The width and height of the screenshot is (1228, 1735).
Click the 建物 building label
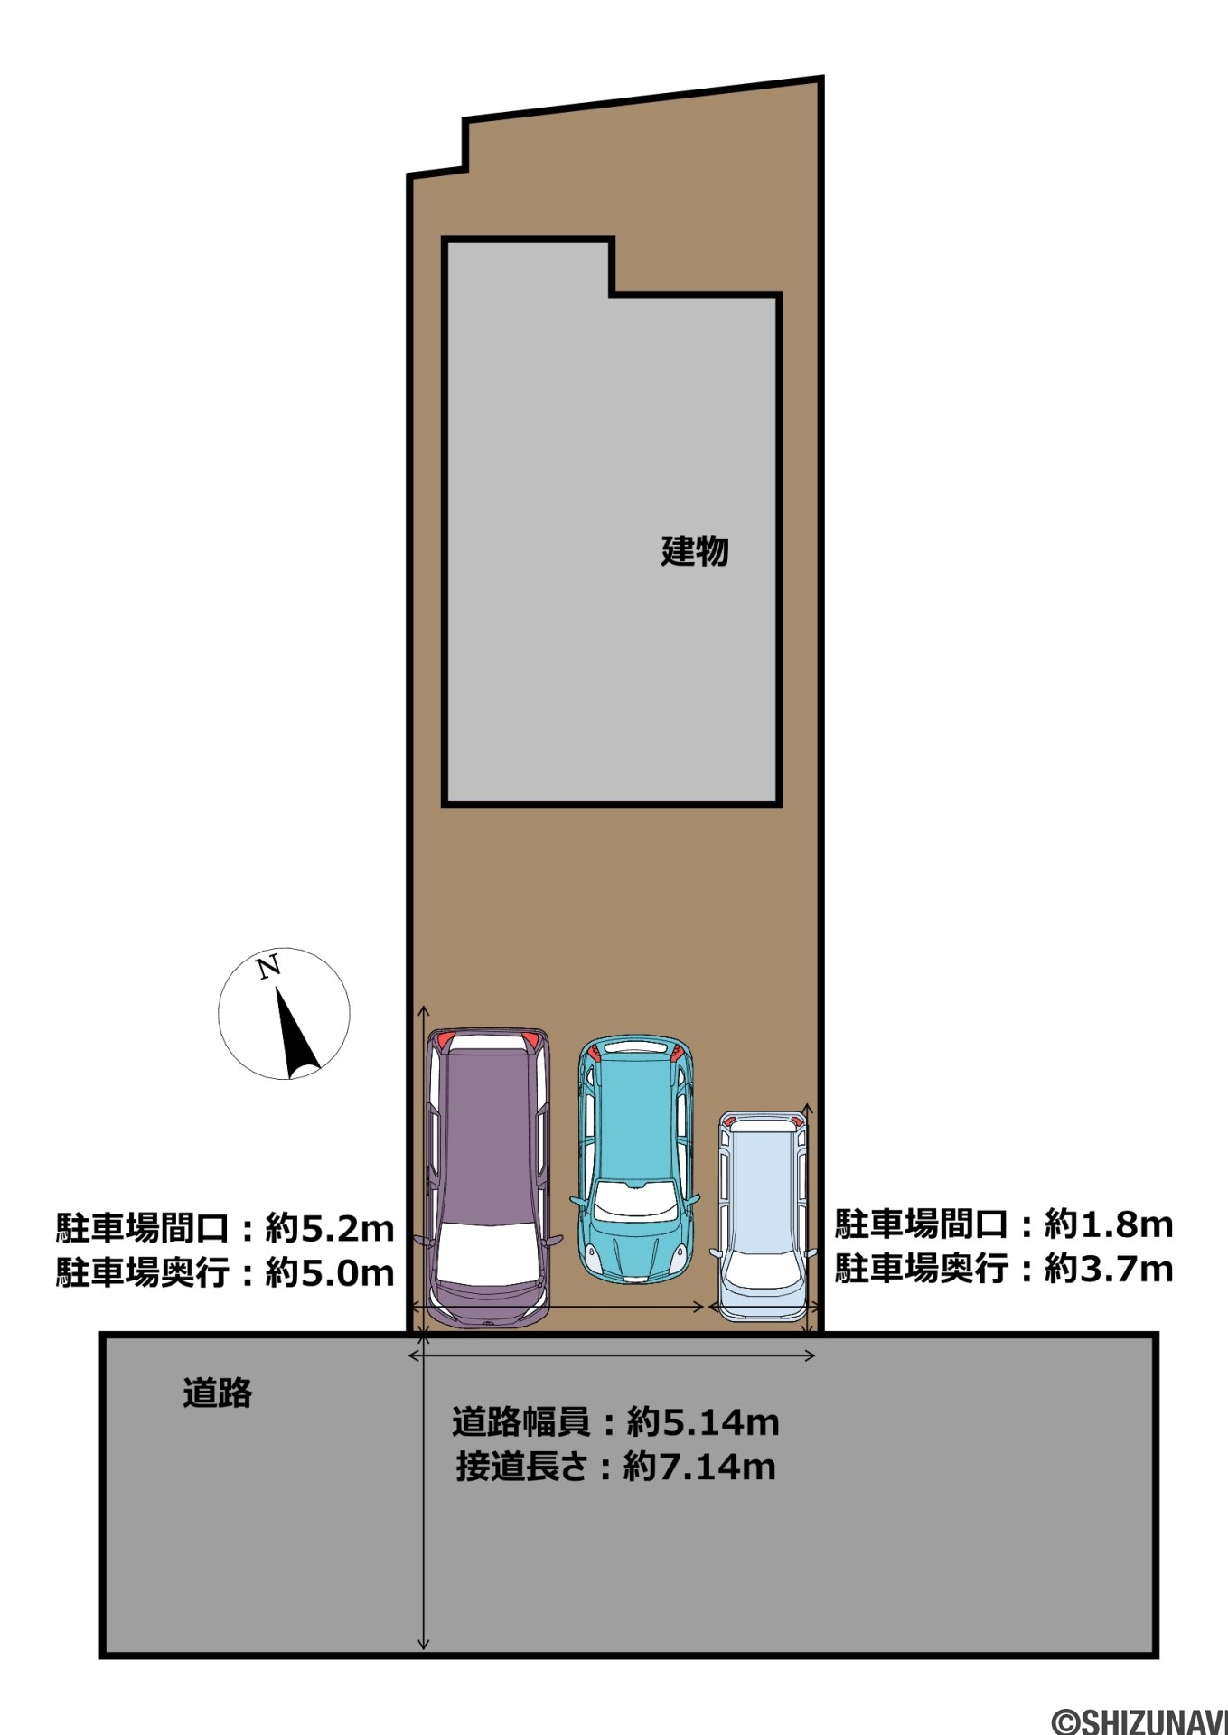[x=694, y=550]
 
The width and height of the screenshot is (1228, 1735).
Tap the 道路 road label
[x=218, y=1393]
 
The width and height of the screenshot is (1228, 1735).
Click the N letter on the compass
[x=268, y=969]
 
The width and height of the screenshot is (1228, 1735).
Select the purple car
[x=489, y=1177]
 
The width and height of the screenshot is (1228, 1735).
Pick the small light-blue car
[x=762, y=1216]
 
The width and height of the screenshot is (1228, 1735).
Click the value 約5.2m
[x=330, y=1229]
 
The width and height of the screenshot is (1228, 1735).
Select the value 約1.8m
[x=1109, y=1224]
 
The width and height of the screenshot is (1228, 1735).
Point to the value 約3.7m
[x=1109, y=1269]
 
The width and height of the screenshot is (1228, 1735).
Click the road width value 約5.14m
[x=703, y=1423]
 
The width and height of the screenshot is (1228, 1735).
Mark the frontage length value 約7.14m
[x=699, y=1467]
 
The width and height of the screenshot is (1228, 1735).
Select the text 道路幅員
[x=521, y=1423]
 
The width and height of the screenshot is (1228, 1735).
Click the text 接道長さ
[x=522, y=1467]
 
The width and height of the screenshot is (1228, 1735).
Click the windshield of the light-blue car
[x=761, y=1271]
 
